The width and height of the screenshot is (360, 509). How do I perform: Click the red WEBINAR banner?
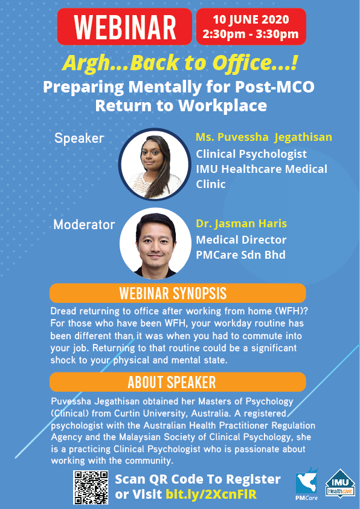124,27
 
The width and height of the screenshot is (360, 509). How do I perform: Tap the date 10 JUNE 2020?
251,19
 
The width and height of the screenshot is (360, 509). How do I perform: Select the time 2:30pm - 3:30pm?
251,34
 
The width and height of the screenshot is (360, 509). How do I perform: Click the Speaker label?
79,138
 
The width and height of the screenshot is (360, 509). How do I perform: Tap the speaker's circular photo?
155,164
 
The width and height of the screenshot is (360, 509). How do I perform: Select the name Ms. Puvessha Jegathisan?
264,137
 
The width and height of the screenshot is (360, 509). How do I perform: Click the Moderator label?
84,225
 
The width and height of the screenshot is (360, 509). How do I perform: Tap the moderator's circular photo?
155,244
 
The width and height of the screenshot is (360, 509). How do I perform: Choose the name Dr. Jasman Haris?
241,224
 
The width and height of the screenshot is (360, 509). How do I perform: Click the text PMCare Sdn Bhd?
240,255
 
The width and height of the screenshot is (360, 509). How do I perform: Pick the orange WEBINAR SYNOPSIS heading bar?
178,293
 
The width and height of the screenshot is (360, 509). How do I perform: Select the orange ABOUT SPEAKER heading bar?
178,382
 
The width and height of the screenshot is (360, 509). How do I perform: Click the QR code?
91,488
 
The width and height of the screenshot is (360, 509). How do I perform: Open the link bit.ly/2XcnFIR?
211,494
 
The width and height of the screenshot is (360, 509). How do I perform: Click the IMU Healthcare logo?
340,484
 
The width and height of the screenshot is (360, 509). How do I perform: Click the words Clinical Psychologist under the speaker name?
251,154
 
